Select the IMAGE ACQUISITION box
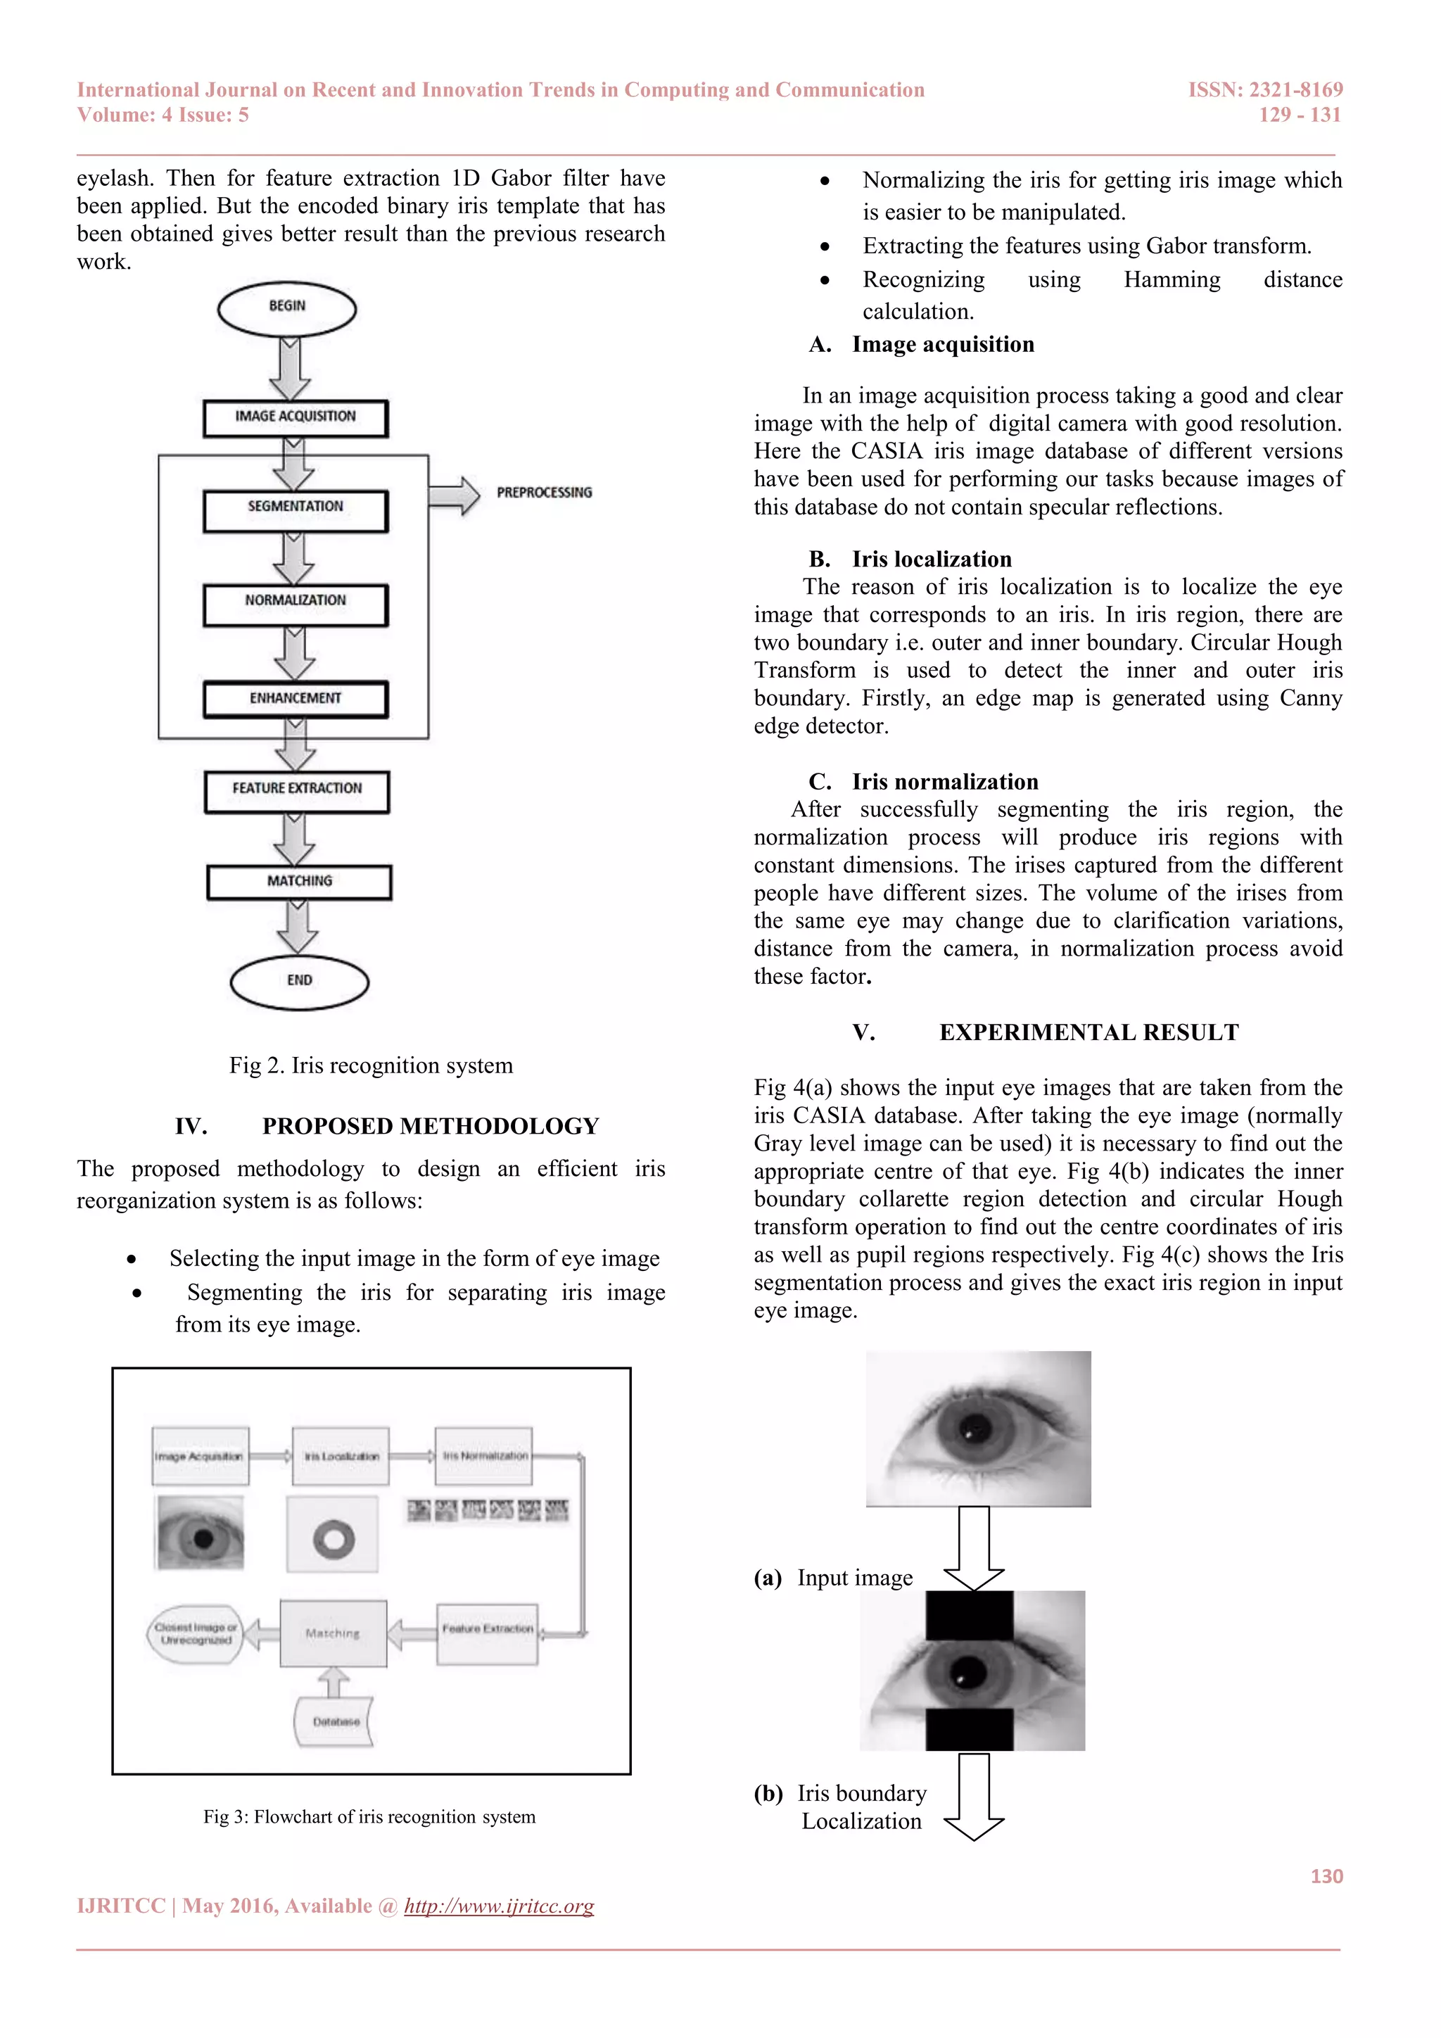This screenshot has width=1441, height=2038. pos(296,417)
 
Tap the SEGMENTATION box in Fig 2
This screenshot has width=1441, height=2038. pos(296,509)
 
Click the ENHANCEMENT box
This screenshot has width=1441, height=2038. pos(296,699)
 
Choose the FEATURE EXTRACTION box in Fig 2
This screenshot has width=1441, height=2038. pos(297,790)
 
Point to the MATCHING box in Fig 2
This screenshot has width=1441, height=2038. pos(299,881)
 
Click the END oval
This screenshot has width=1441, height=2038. pos(299,981)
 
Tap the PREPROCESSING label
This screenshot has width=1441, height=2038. pos(544,493)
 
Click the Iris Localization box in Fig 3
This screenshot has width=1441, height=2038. pos(341,1456)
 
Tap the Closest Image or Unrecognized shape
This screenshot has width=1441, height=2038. pos(195,1634)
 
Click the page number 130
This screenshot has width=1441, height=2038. pos(1326,1876)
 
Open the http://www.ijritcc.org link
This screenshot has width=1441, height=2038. pos(499,1906)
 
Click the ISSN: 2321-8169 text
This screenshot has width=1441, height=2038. pos(1265,89)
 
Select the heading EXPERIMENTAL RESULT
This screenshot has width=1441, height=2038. pos(1088,1032)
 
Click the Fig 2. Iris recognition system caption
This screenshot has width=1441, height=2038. pos(371,1065)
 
